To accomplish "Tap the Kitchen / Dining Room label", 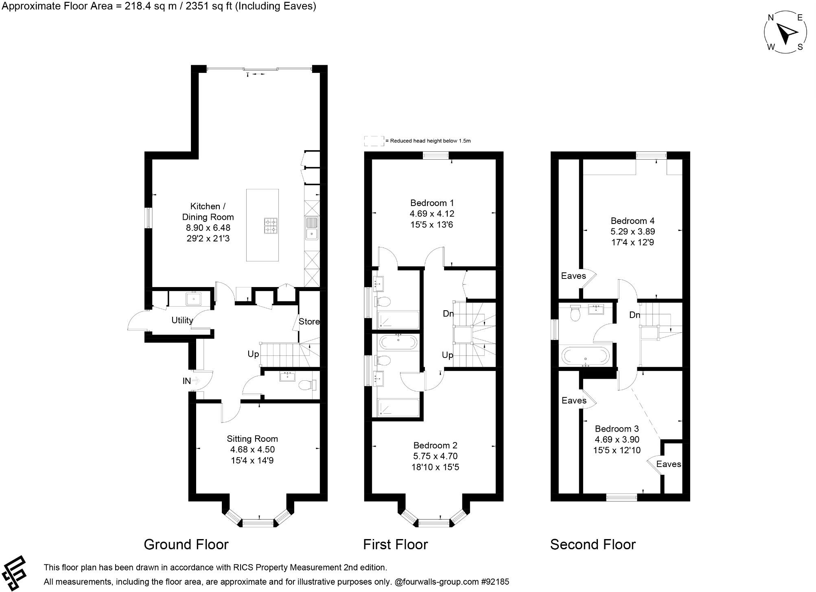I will pos(208,212).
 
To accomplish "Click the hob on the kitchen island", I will pos(271,226).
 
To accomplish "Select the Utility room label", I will pos(182,320).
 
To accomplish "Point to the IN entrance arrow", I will pos(196,381).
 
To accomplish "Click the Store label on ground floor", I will pos(309,322).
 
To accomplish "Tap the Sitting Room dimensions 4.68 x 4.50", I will pos(252,449).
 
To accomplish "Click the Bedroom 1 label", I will pos(432,203).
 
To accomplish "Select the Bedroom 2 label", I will pos(435,445).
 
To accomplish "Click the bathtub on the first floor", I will pos(398,343).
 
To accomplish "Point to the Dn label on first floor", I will pos(448,314).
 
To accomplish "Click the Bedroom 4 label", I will pos(632,221).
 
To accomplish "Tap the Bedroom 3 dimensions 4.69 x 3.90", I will pos(617,440).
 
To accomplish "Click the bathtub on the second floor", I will pos(585,356).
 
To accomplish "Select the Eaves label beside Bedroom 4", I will pos(573,276).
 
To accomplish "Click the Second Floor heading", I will pos(593,544).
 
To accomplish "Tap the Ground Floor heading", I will pos(186,544).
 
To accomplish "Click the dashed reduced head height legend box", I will pos(374,141).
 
